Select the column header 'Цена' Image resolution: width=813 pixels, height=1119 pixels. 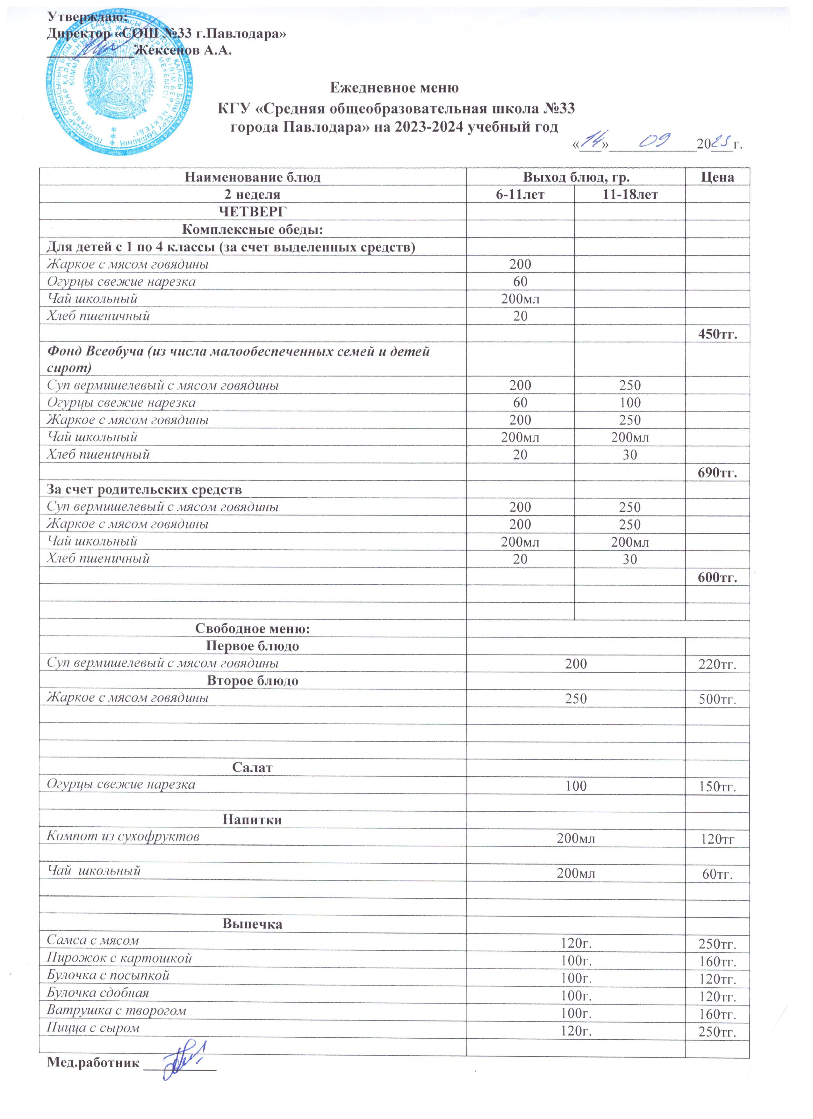click(x=717, y=178)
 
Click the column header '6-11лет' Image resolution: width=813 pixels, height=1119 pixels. click(x=520, y=195)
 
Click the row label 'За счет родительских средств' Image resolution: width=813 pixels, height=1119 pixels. click(x=144, y=490)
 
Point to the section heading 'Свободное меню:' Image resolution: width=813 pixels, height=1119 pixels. click(x=252, y=629)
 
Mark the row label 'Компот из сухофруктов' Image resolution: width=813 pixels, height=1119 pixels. click(x=123, y=837)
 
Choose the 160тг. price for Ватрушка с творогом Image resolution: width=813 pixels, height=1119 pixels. click(x=717, y=1014)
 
